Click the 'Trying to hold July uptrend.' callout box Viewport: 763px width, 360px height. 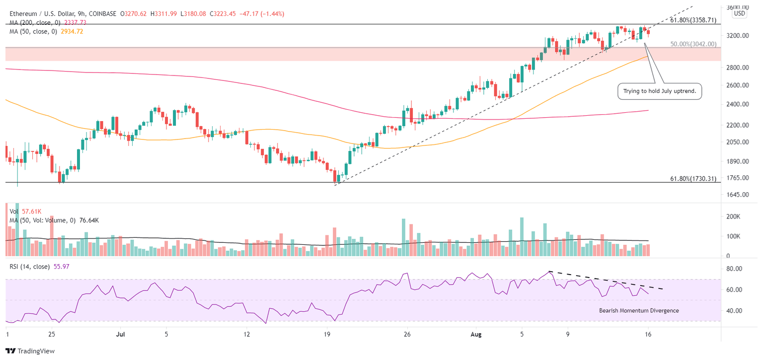tap(659, 91)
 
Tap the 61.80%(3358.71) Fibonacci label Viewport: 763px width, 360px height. tap(693, 20)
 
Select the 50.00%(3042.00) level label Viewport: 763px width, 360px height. tap(693, 44)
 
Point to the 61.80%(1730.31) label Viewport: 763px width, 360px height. tap(693, 178)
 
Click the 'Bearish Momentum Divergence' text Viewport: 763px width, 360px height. tap(639, 310)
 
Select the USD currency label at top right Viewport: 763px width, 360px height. tap(739, 13)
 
